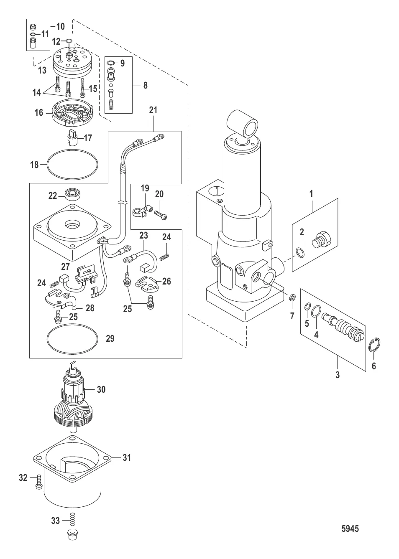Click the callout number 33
56,521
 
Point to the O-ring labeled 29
74,338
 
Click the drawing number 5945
350,528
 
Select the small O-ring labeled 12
69,41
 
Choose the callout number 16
39,112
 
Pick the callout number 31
127,457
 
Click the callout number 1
311,194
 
